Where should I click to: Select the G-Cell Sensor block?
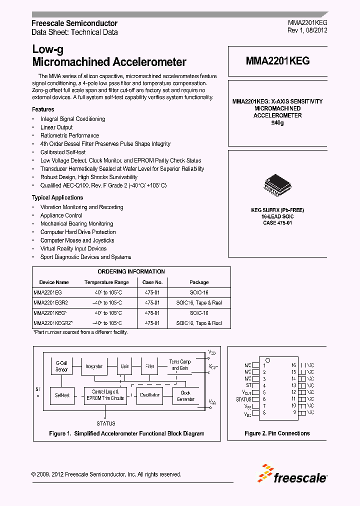pos(61,366)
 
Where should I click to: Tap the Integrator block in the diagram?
pos(93,366)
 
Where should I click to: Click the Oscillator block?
pos(149,395)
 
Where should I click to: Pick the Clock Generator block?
pos(185,395)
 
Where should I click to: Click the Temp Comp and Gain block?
pos(179,364)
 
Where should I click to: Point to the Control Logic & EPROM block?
pos(105,395)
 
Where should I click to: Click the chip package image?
pos(276,185)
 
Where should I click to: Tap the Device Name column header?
pos(54,282)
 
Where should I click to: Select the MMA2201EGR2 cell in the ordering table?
pos(50,303)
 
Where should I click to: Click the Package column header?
pos(199,282)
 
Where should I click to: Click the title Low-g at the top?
pos(47,49)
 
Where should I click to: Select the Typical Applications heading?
pos(57,197)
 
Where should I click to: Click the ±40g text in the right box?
pos(277,122)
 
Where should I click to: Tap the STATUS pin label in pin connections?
pos(243,399)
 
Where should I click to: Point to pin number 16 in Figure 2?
pos(294,365)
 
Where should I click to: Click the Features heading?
pos(43,109)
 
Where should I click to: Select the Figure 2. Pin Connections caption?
pos(277,433)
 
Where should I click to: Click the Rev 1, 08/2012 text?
pos(307,30)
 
